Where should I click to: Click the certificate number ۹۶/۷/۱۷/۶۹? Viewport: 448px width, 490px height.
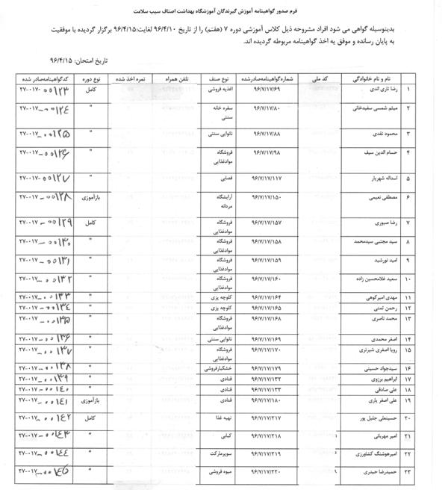pos(265,90)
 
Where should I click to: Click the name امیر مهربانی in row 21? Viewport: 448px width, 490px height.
pos(376,435)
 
